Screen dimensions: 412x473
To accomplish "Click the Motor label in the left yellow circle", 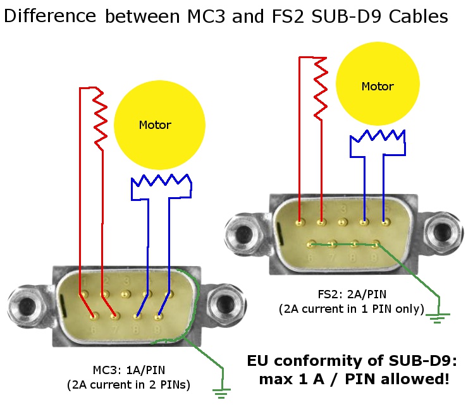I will pos(155,125).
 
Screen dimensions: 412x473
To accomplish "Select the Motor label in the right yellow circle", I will pos(378,87).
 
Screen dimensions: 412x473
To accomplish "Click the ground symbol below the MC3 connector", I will pos(219,393).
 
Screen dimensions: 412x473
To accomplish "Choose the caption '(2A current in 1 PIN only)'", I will pos(352,309).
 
